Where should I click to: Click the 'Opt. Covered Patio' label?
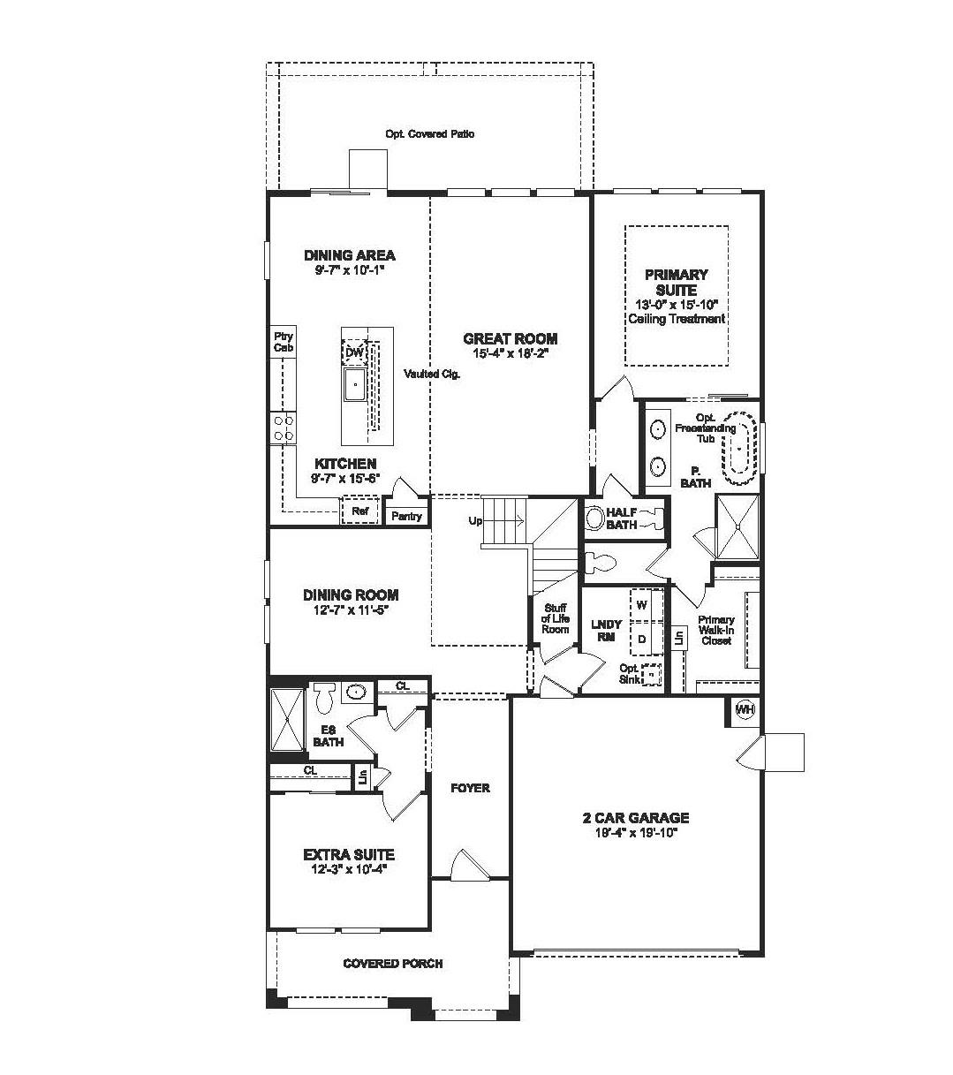click(429, 134)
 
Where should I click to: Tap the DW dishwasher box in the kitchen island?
click(354, 352)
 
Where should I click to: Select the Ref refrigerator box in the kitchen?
click(359, 511)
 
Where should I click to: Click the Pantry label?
click(406, 516)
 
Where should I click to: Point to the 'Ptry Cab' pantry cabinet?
click(283, 343)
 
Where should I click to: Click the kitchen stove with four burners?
click(284, 428)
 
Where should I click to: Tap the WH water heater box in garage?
click(745, 709)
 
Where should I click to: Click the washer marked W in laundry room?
click(642, 605)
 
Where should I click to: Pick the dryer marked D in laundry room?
click(642, 638)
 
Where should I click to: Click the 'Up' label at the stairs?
click(475, 521)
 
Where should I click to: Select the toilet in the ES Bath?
click(323, 697)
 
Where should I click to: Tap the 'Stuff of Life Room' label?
click(555, 618)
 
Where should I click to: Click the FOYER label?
click(470, 788)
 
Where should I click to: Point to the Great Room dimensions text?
click(511, 354)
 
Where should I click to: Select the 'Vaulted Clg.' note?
click(432, 374)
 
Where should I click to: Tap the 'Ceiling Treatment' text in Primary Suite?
click(676, 319)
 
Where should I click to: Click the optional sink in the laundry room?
click(651, 675)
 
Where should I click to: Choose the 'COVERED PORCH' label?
click(393, 963)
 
